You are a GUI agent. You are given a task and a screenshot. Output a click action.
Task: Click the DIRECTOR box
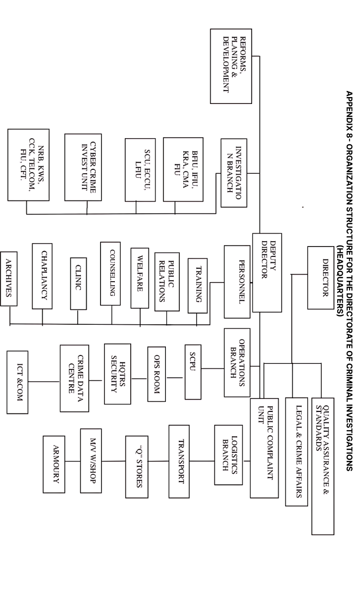(x=320, y=278)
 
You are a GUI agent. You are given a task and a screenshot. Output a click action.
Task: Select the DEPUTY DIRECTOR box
(x=267, y=272)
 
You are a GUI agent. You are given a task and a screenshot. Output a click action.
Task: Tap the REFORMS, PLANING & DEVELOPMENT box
(x=231, y=66)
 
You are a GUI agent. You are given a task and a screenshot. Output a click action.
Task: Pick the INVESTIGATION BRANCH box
(x=234, y=173)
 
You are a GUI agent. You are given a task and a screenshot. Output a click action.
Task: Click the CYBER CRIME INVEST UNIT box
(x=83, y=167)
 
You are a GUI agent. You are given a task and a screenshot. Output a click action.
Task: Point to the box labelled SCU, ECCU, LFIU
(x=140, y=170)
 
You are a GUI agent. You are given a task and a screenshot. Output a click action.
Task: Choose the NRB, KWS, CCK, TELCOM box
(x=28, y=165)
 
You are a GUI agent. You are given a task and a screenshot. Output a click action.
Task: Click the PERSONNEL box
(x=237, y=282)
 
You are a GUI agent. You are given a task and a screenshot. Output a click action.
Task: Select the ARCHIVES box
(x=9, y=279)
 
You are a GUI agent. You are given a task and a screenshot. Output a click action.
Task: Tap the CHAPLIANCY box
(x=42, y=276)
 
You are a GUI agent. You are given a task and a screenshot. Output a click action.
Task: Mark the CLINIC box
(x=78, y=284)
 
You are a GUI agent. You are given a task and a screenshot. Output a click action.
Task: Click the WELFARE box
(x=140, y=278)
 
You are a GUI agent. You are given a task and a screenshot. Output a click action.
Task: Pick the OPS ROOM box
(x=156, y=374)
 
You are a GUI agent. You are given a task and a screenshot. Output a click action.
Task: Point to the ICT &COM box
(x=17, y=382)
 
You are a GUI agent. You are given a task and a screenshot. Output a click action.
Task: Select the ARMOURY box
(x=54, y=464)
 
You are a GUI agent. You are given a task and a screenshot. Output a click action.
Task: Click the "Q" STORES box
(x=137, y=467)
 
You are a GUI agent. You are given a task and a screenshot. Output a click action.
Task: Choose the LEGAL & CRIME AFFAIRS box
(x=296, y=451)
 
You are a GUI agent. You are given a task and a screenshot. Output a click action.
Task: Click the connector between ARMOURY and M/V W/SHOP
(x=72, y=461)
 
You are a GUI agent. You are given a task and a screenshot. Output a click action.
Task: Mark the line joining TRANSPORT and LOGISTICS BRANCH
(x=202, y=461)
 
